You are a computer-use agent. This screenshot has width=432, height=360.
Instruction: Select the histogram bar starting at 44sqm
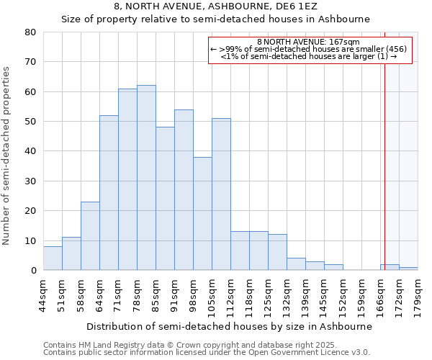pos(53,258)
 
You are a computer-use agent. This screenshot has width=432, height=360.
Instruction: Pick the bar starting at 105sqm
pos(221,194)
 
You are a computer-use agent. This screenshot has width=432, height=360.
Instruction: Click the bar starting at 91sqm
pos(184,190)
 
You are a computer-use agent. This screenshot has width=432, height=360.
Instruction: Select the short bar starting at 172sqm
pos(408,269)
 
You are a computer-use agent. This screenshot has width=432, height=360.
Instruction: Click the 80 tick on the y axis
pos(30,32)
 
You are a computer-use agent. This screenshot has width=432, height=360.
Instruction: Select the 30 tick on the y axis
pos(30,181)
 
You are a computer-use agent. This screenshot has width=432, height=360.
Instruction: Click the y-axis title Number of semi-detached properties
pos(6,155)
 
